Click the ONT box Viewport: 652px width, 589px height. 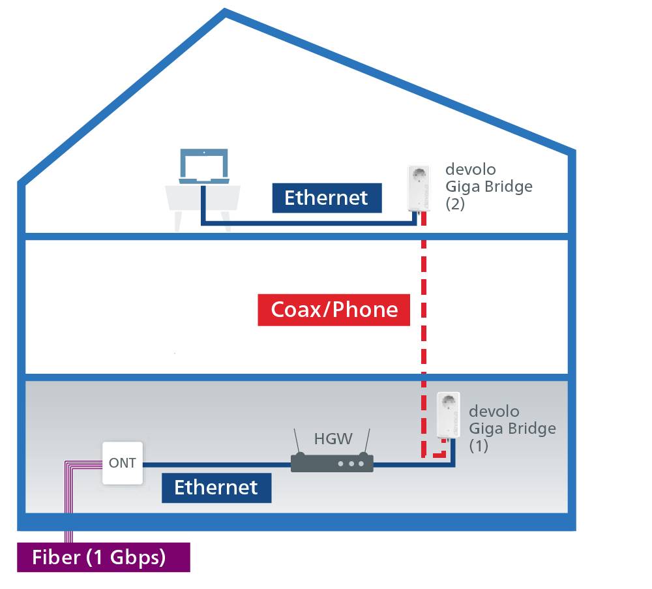click(x=122, y=463)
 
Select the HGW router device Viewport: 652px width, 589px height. click(x=332, y=463)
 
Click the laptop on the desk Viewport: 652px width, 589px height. click(x=204, y=167)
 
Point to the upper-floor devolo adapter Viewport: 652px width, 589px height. click(x=417, y=189)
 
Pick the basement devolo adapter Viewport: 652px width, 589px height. click(x=447, y=414)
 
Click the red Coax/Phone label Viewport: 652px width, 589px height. click(x=334, y=309)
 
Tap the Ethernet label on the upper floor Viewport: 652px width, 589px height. click(x=326, y=198)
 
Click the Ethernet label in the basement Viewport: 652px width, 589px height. click(x=216, y=487)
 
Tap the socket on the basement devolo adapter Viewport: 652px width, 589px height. click(x=447, y=403)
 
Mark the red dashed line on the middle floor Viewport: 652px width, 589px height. click(x=424, y=307)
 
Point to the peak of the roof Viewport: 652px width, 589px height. click(x=225, y=13)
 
